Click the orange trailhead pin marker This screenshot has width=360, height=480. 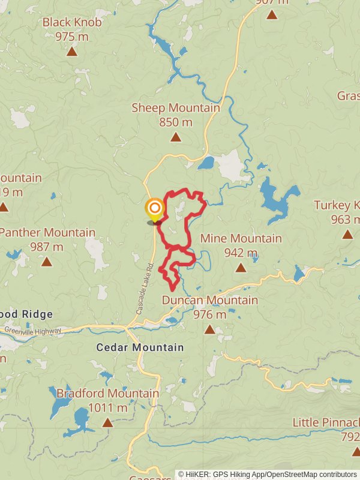coord(155,209)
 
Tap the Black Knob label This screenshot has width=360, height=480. coord(72,22)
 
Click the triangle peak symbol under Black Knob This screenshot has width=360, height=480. coord(72,52)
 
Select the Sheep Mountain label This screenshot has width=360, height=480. coord(176,108)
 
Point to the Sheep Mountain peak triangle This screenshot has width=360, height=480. coord(176,137)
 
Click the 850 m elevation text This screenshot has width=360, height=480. coord(176,122)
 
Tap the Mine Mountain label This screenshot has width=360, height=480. coord(241,238)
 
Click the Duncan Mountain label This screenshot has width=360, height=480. coord(210,300)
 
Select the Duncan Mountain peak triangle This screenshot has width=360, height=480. coord(209,329)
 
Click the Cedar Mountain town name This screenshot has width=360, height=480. coord(140,347)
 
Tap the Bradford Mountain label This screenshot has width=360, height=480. coord(108,394)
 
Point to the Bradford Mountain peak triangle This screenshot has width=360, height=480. coord(107,423)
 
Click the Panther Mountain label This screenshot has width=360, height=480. coord(47,232)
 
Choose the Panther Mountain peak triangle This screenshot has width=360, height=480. coord(47,262)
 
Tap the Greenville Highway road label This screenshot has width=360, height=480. coord(33,329)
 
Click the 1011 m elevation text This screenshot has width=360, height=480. coord(108,408)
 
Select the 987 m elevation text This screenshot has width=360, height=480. coord(47,247)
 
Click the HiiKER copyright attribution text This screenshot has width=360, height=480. coord(268,474)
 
